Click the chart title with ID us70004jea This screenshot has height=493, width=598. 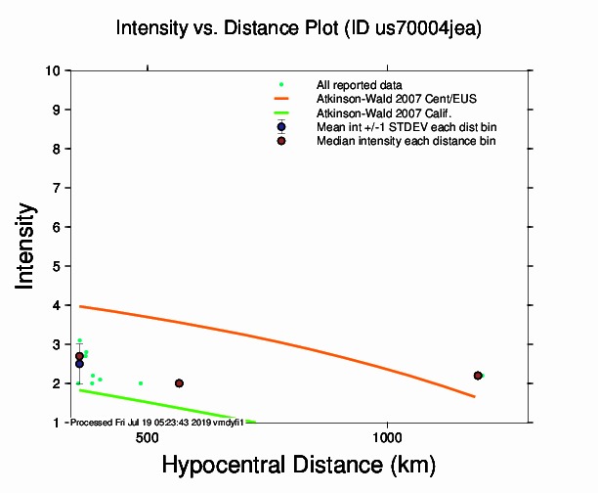coord(299,28)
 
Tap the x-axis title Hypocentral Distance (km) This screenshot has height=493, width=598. coord(299,463)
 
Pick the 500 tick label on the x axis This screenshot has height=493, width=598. coord(148,437)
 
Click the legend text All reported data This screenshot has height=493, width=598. coord(359,85)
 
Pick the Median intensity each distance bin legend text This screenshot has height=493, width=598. coord(406,141)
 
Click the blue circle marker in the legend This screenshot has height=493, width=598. coord(281,127)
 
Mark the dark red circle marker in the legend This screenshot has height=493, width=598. coord(281,141)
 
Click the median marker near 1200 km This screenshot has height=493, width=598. coord(478,376)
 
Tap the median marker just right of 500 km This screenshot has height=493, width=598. coord(179,383)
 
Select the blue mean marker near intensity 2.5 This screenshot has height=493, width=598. coord(79,364)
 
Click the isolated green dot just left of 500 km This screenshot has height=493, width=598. coord(141,383)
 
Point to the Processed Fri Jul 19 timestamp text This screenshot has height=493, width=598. coord(157,422)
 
